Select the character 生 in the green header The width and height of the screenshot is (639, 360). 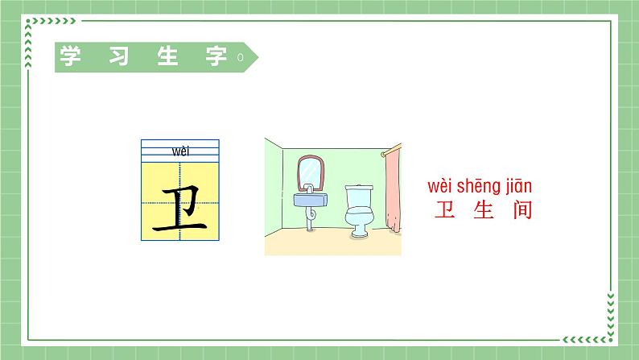coord(171,58)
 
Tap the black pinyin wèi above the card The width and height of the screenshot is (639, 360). coord(179,151)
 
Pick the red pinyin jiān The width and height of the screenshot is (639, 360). coord(519,187)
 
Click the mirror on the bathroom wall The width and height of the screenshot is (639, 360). coord(310,172)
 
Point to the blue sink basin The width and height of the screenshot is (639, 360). coord(311,198)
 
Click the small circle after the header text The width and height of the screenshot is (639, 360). coord(240,58)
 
